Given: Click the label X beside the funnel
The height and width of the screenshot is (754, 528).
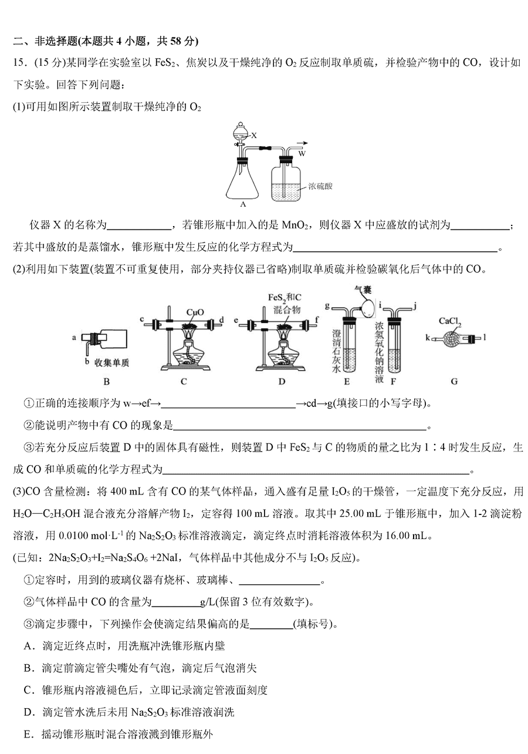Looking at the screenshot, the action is point(254,135).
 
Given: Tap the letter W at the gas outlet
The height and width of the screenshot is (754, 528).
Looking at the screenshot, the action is point(302,153).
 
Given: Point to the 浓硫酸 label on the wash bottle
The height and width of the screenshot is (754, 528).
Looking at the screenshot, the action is point(320,186).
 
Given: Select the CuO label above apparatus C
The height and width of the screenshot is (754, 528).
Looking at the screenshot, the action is point(195,312).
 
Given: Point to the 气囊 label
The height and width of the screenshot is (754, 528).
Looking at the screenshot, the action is point(363,290).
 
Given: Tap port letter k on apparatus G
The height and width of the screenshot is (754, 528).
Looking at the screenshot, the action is point(428,337).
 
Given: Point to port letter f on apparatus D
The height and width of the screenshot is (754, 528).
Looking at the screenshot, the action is point(317,319).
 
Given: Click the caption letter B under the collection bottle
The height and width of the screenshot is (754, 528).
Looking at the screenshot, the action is point(107,382).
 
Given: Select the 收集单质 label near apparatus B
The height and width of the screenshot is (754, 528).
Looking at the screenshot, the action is point(112,362).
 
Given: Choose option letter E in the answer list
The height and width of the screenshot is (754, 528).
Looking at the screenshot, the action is point(27,734).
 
